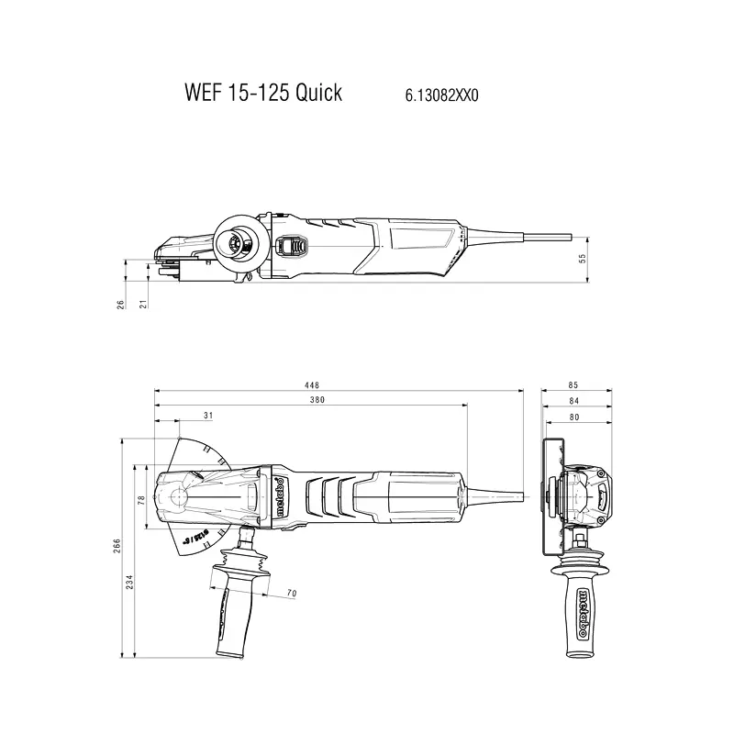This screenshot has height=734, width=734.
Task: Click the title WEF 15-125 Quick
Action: click(x=262, y=93)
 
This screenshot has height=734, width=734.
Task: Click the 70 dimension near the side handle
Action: click(x=291, y=595)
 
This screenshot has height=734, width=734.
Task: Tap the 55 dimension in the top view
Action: click(x=582, y=259)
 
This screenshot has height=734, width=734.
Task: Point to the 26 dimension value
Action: click(x=120, y=304)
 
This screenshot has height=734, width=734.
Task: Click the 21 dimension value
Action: click(x=143, y=304)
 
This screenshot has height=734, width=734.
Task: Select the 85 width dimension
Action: click(x=573, y=386)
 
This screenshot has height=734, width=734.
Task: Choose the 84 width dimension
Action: click(x=573, y=400)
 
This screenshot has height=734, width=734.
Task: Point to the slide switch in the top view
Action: click(x=293, y=246)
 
